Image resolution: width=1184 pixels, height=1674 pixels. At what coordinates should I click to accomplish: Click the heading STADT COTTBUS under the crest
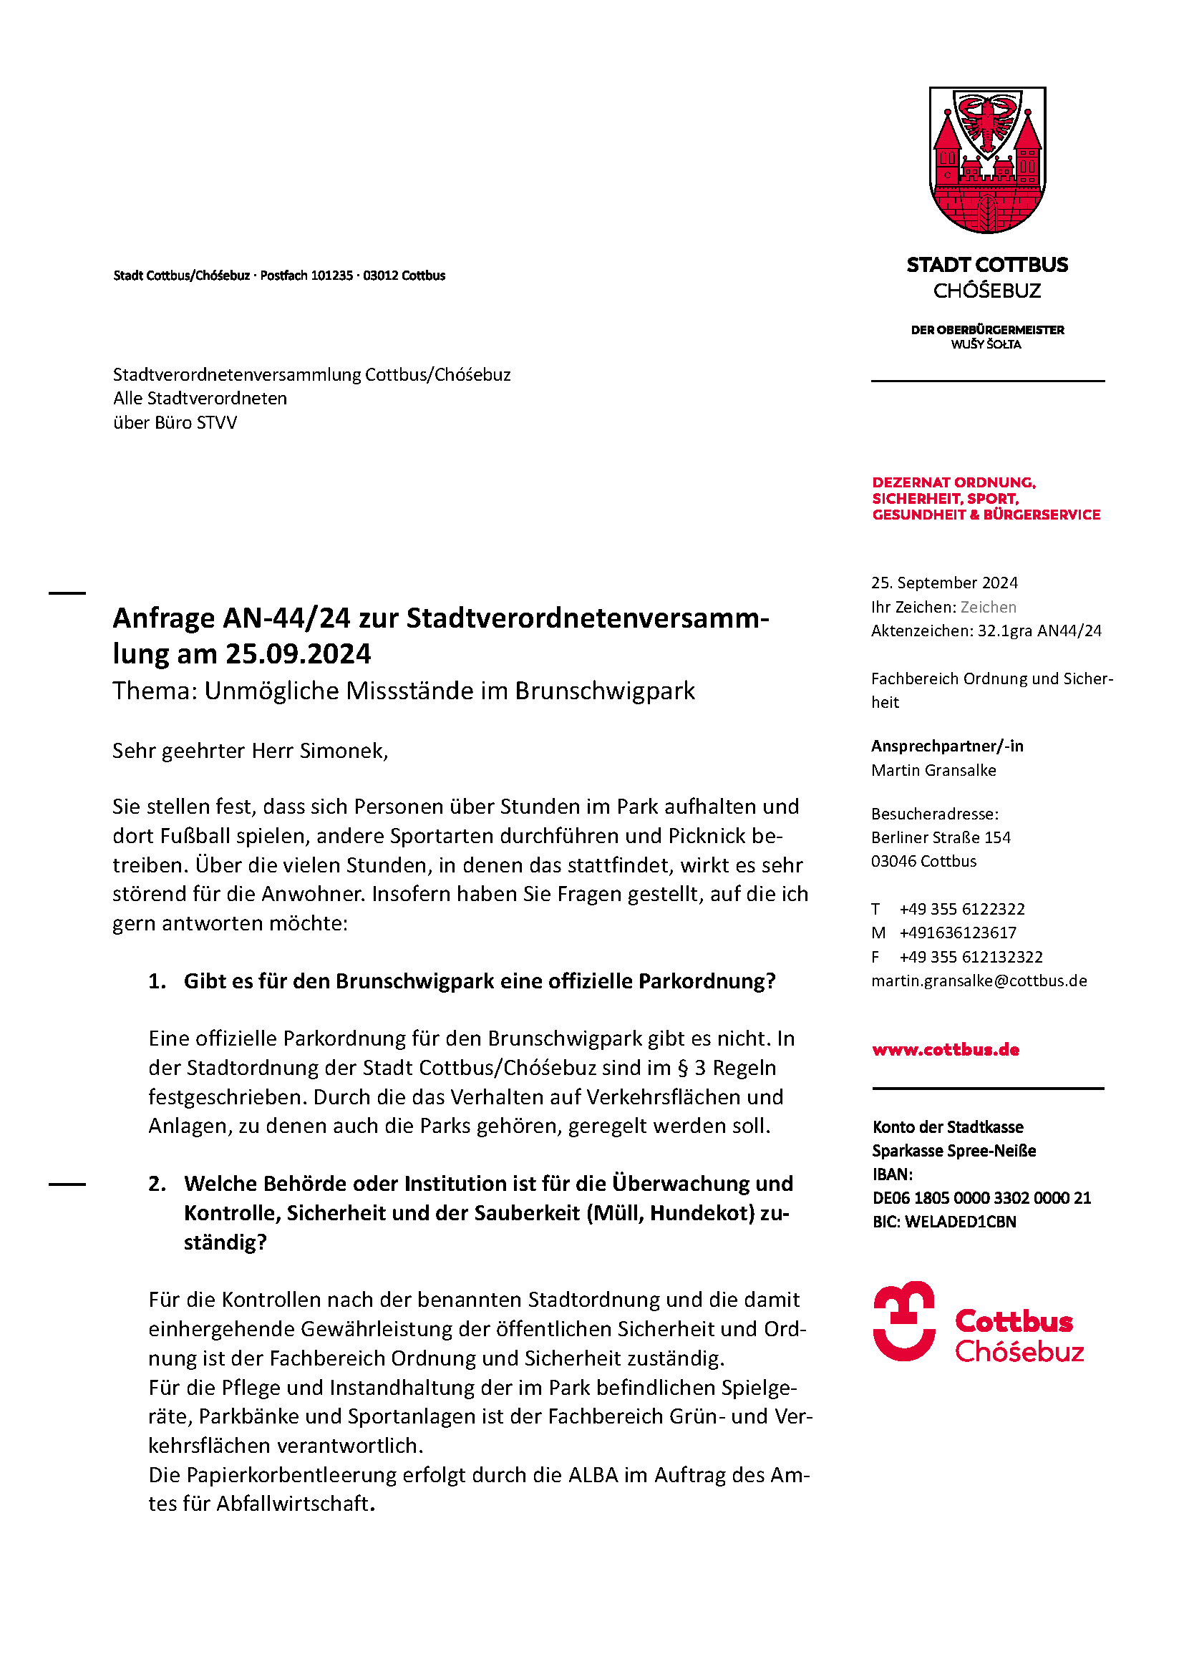point(987,265)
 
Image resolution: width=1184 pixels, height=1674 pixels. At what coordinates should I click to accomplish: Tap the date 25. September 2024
point(944,583)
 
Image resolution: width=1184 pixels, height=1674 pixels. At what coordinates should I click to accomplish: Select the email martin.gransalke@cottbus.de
point(979,980)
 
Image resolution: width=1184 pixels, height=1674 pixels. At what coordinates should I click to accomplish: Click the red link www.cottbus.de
point(946,1049)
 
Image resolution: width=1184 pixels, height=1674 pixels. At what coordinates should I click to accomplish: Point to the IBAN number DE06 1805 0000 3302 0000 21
point(981,1198)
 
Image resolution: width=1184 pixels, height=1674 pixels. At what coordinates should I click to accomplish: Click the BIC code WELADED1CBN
point(960,1222)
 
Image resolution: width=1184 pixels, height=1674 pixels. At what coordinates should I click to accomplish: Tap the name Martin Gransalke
point(933,770)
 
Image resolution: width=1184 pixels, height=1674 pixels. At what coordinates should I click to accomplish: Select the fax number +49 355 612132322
point(971,957)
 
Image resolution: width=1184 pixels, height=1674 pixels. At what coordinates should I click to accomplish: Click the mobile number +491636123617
point(957,933)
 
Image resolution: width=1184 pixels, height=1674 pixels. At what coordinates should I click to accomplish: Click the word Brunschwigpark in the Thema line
point(605,691)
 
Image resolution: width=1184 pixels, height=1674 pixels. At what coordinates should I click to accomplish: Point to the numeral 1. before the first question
point(157,981)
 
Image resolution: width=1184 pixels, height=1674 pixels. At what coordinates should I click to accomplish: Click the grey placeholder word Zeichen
point(988,607)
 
